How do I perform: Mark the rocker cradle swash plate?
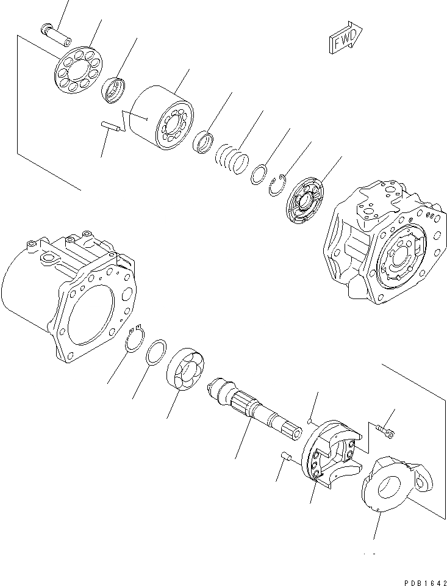click(335, 450)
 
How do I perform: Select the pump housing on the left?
click(67, 292)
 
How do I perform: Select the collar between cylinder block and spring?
click(202, 143)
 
